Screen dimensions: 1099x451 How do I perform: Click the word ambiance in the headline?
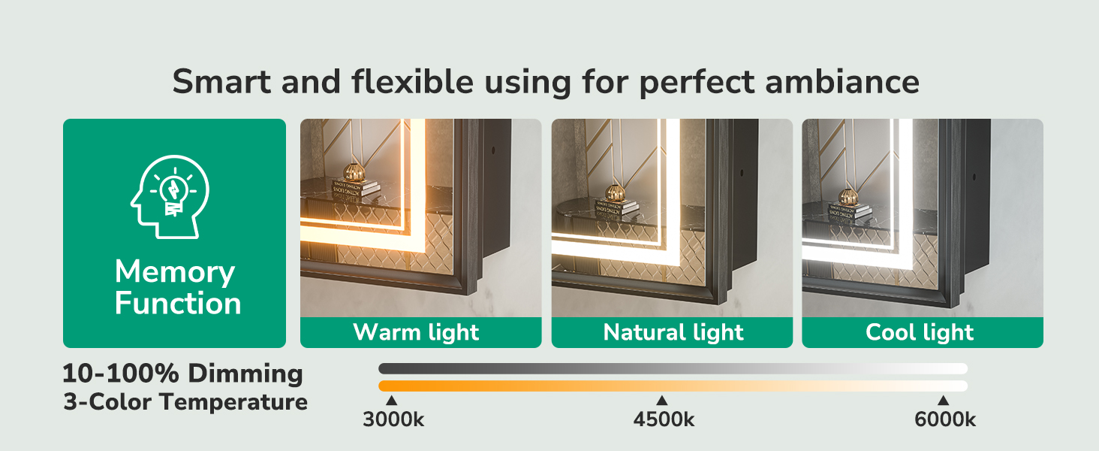pos(842,81)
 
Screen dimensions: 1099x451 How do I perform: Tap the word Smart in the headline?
pos(221,81)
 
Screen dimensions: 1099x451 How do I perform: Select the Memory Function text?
pos(178,287)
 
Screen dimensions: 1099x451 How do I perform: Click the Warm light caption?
pos(416,332)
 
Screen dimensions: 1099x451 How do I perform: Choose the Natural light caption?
pos(673,332)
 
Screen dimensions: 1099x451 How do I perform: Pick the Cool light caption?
pos(920,332)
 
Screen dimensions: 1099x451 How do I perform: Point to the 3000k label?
pos(393,419)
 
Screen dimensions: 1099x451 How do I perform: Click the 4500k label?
pos(664,419)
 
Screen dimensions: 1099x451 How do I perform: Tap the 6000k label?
pos(945,419)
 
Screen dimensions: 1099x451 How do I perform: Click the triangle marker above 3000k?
pos(391,401)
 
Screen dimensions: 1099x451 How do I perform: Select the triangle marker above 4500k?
pos(662,401)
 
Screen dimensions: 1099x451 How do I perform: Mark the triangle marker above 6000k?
pos(943,401)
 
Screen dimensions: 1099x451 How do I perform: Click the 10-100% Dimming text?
pos(182,374)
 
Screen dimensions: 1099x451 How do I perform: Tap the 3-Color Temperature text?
pos(185,402)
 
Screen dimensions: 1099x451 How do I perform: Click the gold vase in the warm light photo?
pos(354,172)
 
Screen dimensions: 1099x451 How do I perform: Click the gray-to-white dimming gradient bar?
pos(673,368)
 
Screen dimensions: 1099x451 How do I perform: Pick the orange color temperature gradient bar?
pos(673,386)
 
